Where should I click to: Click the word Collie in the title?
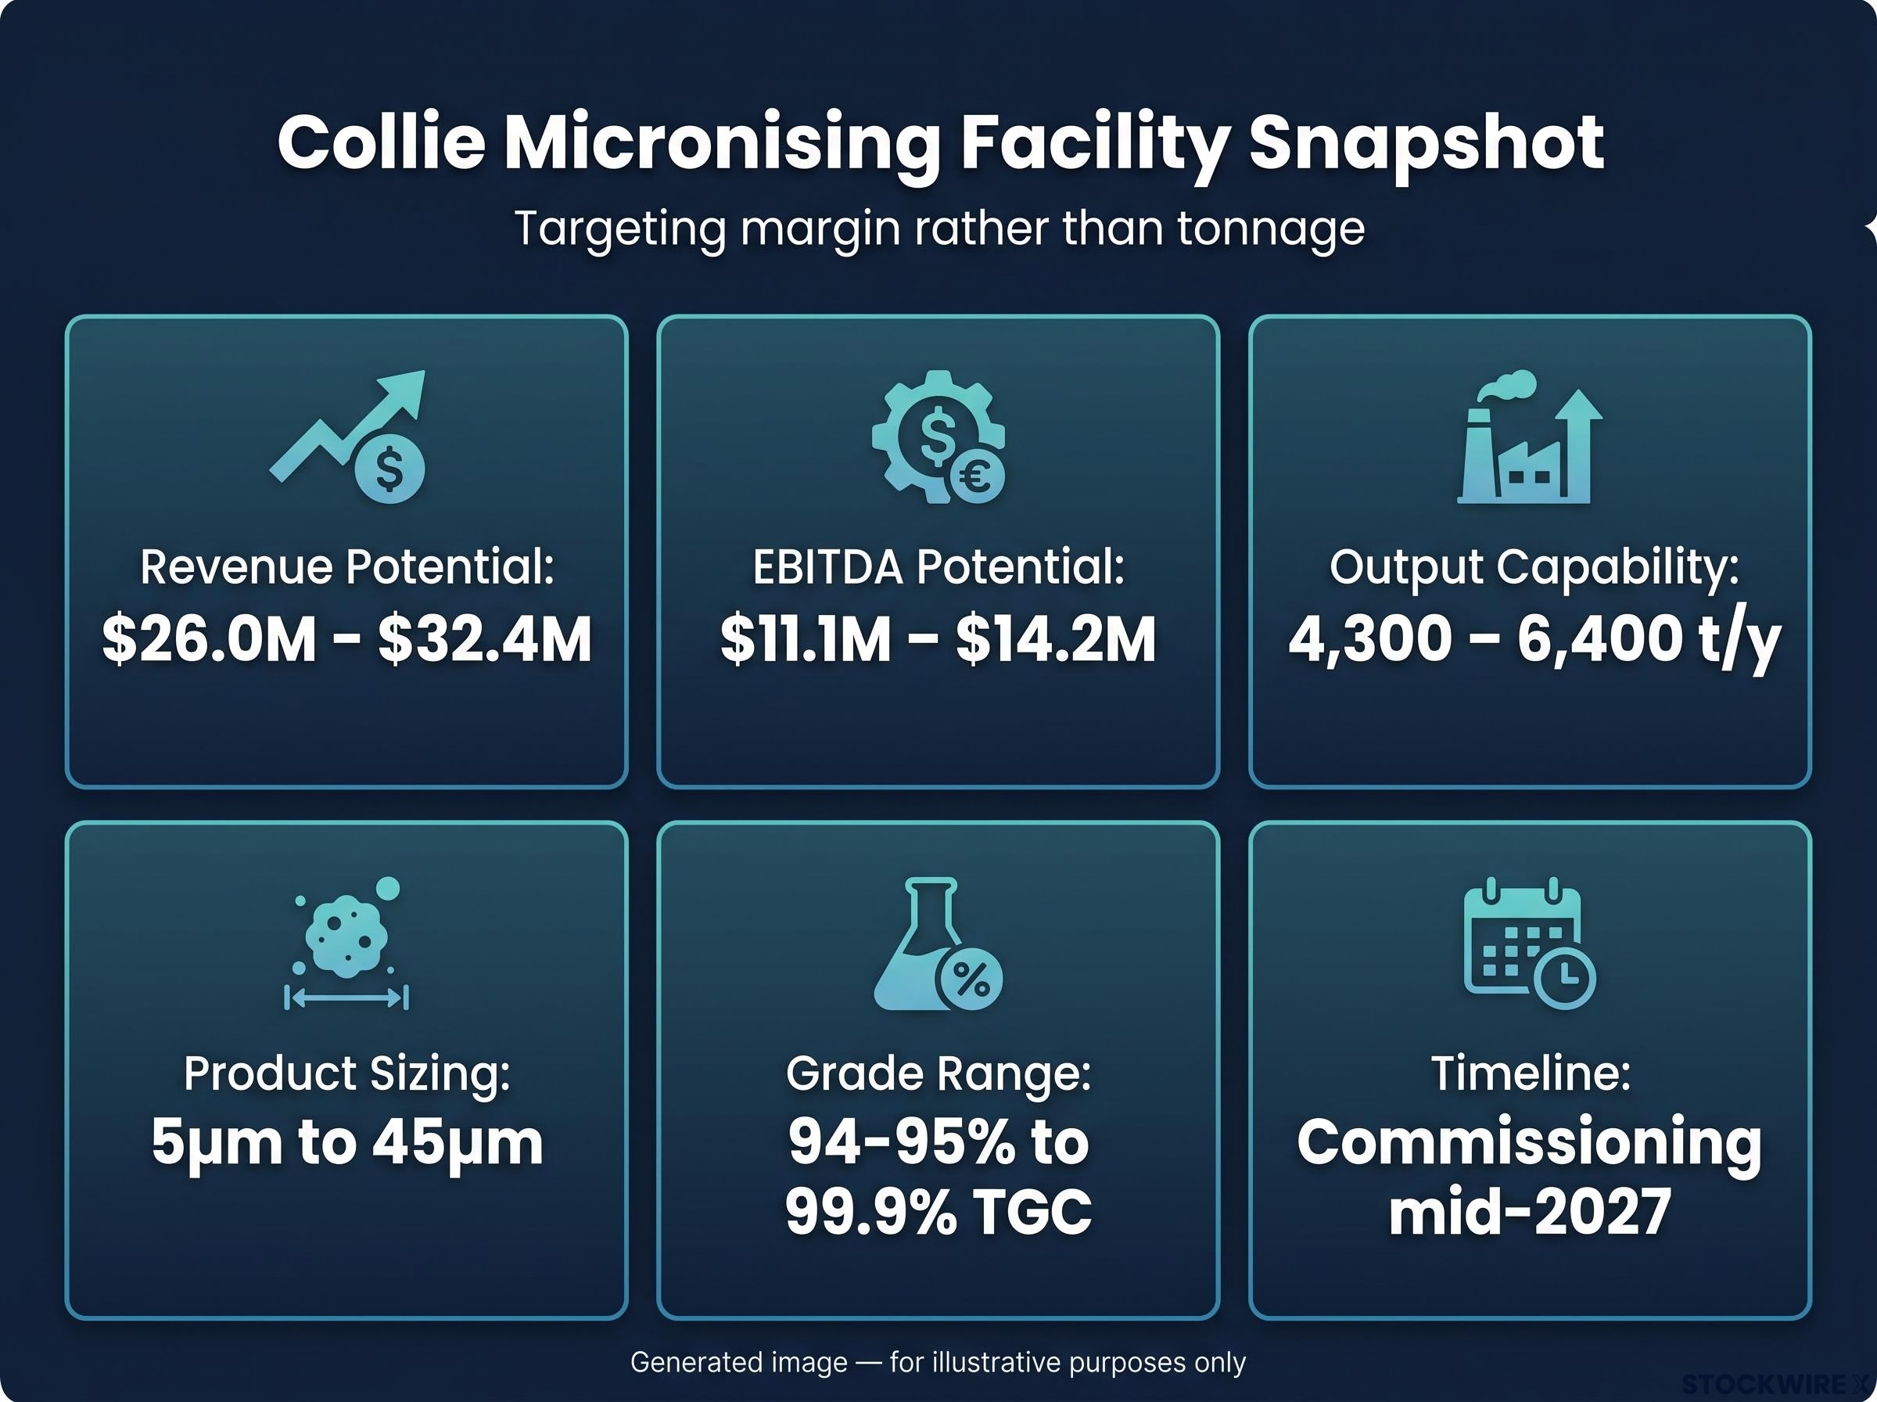coord(382,142)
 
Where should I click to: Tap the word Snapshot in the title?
coord(1426,144)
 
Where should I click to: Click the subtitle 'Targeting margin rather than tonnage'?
coord(939,228)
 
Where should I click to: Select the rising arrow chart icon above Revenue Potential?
coord(348,435)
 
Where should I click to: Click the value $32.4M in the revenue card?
coord(485,640)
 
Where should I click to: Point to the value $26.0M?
coord(209,640)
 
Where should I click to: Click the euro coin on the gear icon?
coord(976,477)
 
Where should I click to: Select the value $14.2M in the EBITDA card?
coord(1055,640)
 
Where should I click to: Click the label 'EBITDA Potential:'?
coord(938,567)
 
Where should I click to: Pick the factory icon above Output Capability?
coord(1529,437)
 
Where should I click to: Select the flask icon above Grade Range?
coord(938,943)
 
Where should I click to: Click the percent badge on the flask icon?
coord(971,980)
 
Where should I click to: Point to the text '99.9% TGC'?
coord(938,1212)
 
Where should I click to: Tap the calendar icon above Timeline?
coord(1529,943)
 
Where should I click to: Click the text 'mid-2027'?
coord(1529,1212)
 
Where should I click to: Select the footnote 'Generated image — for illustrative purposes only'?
coord(938,1362)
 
